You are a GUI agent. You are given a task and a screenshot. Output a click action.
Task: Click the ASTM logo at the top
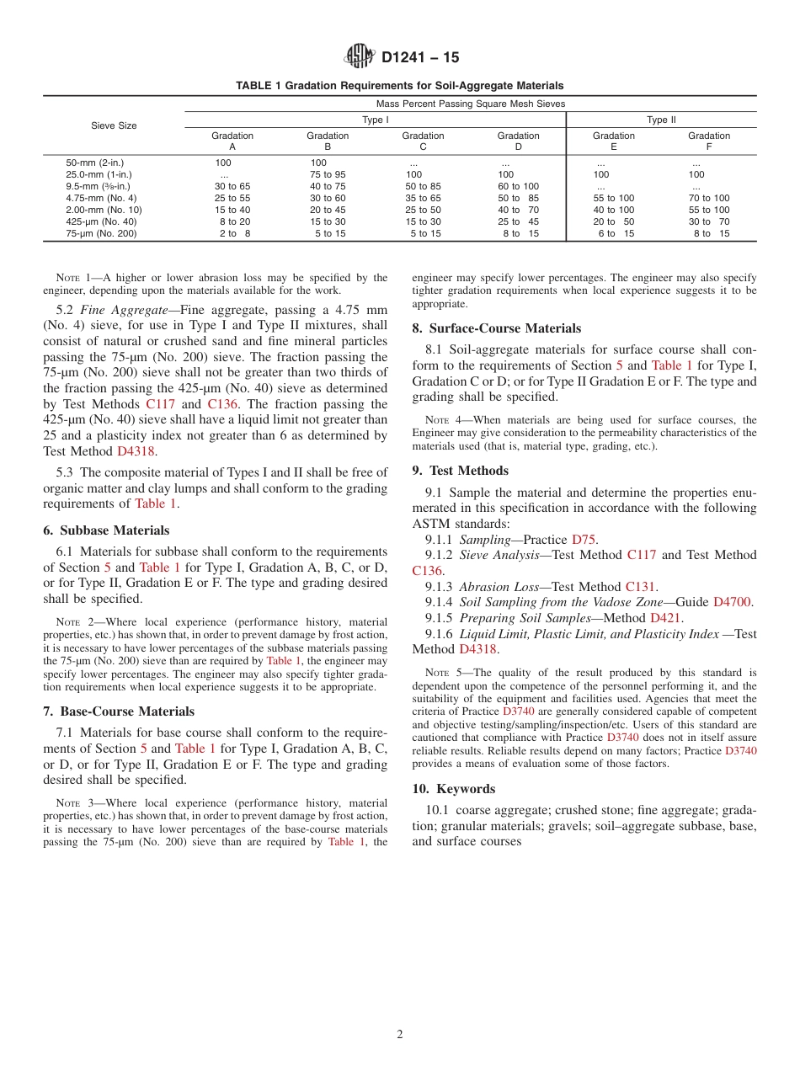tap(360, 57)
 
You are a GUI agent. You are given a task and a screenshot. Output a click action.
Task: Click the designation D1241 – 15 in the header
tap(420, 58)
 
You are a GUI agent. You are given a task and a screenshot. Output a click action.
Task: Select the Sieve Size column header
tap(114, 125)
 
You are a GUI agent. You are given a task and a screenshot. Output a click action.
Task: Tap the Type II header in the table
tap(661, 120)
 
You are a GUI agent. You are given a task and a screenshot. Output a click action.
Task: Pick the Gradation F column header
tap(709, 141)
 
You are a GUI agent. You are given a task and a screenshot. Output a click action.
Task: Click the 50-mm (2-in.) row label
tap(94, 163)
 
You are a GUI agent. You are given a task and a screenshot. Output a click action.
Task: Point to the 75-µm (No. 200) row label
tap(101, 233)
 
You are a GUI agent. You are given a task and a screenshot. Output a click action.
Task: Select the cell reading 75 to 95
tap(327, 174)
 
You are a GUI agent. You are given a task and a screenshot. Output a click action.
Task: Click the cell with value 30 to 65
tap(232, 186)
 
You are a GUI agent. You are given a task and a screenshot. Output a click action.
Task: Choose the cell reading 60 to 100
tap(518, 186)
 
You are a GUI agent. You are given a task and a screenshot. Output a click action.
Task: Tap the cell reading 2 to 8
tap(234, 233)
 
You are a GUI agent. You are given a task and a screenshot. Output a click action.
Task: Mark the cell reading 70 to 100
tap(709, 198)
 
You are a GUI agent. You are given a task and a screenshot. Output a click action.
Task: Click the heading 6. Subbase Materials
tap(106, 530)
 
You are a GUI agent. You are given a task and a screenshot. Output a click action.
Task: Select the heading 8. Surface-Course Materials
tap(496, 328)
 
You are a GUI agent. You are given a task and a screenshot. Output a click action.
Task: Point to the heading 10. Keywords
tap(453, 789)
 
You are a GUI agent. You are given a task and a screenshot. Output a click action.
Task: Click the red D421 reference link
tap(666, 618)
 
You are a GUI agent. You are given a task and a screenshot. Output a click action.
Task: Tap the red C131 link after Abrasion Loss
tap(640, 587)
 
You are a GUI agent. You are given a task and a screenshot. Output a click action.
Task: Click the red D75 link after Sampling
tap(584, 540)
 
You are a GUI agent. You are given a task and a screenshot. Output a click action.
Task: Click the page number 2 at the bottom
tap(400, 1035)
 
